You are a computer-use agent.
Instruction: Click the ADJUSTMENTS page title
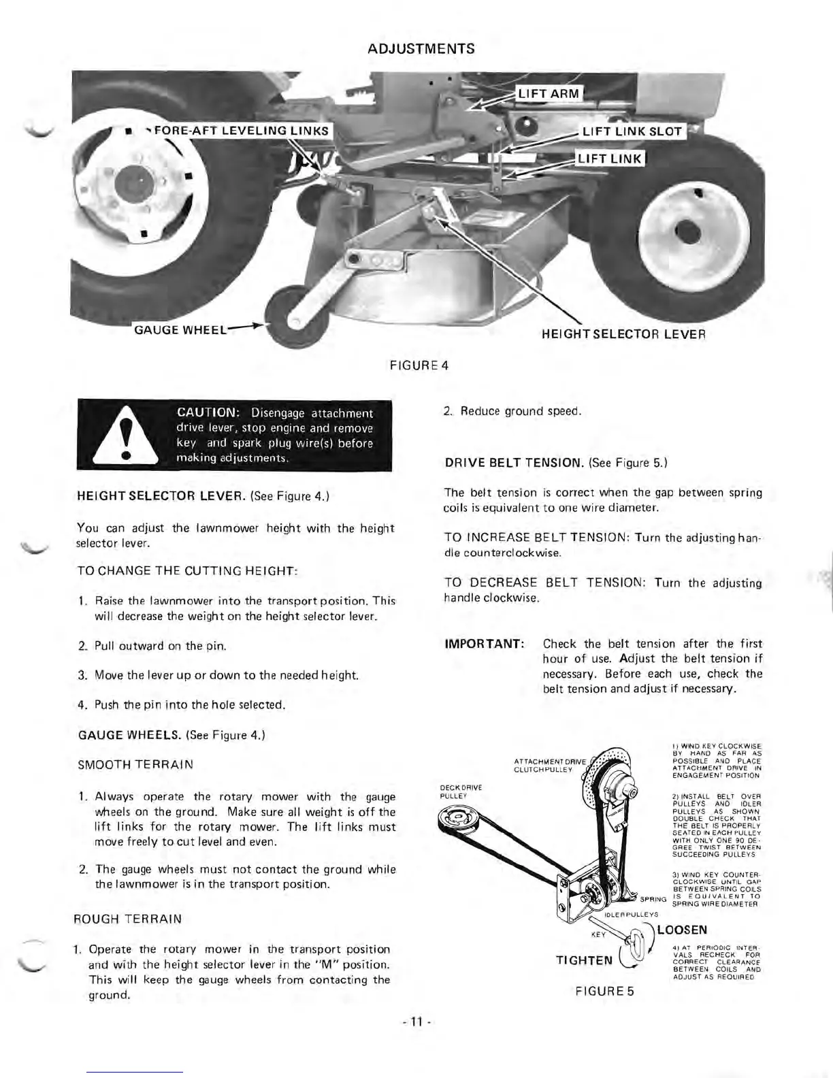[x=421, y=49]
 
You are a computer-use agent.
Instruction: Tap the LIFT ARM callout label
[x=548, y=93]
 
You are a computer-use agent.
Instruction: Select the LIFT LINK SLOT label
[x=632, y=132]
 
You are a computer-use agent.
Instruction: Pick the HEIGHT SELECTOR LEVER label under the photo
[x=623, y=334]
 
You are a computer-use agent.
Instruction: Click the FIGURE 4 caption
[x=419, y=365]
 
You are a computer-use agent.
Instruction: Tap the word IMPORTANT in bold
[x=484, y=644]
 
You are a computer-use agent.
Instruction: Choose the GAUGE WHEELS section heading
[x=125, y=735]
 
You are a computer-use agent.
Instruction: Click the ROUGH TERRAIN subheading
[x=129, y=919]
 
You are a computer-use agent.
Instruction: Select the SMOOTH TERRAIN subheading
[x=135, y=764]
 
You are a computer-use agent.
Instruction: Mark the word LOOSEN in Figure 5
[x=681, y=930]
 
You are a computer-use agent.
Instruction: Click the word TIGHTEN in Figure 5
[x=584, y=960]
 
